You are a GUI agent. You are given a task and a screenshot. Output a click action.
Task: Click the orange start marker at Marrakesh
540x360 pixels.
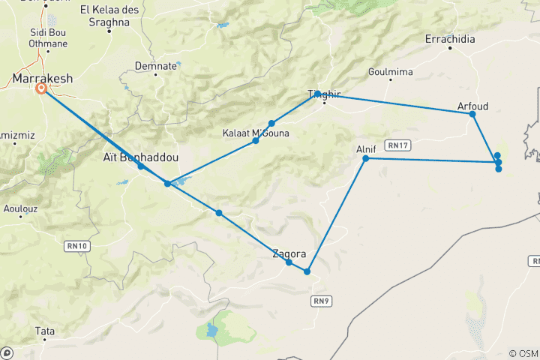(41, 88)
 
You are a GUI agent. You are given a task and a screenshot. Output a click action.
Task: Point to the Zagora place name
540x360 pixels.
(289, 253)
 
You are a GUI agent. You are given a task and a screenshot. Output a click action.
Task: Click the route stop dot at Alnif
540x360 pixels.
(366, 158)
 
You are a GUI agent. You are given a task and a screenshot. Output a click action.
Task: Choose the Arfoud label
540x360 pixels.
(472, 106)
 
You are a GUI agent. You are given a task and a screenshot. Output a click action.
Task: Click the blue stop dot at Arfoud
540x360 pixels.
(472, 114)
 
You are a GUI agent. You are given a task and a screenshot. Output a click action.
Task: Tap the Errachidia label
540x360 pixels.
(450, 39)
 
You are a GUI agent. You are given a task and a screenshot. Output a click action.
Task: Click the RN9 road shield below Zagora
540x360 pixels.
(320, 279)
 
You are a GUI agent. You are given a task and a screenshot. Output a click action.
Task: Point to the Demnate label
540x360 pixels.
(155, 66)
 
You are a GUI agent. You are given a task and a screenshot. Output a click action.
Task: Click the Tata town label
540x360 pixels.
(44, 330)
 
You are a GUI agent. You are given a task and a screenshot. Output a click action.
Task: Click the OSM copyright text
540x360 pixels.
(523, 353)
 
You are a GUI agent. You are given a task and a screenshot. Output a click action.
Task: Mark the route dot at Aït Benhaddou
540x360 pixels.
(140, 166)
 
